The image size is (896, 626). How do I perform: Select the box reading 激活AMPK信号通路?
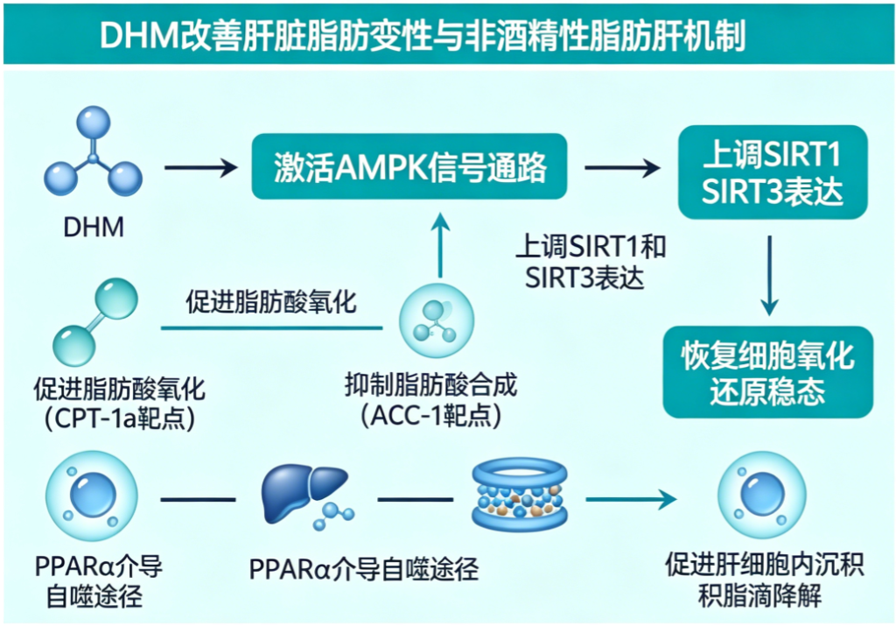point(410,165)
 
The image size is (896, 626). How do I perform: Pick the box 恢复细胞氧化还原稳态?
point(767,373)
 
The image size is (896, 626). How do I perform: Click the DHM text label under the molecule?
point(94,229)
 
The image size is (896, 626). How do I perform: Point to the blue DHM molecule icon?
point(93,153)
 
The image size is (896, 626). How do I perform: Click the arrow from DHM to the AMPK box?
point(200,166)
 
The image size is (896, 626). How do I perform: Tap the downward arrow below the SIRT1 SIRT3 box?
point(769,274)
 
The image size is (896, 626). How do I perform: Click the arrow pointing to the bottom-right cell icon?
point(631,499)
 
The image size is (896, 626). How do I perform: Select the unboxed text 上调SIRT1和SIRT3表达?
point(591,262)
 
